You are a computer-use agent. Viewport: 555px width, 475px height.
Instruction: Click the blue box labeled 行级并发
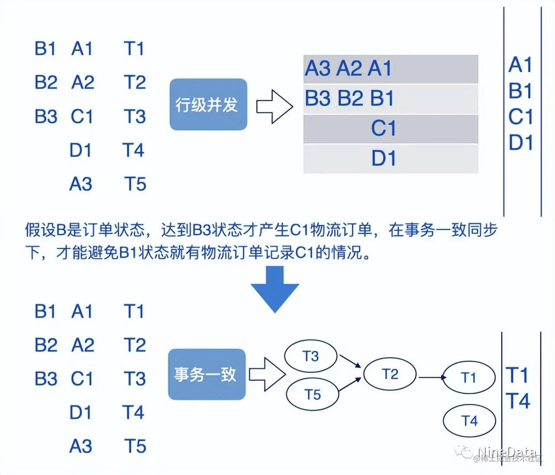coord(208,104)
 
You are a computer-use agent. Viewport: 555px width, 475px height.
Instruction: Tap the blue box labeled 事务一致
coord(207,374)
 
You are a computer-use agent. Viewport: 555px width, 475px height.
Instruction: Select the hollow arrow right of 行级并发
coord(274,106)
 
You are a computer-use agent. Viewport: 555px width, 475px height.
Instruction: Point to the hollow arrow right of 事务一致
coord(267,375)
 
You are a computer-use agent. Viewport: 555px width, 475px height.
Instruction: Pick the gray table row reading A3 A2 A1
coord(390,69)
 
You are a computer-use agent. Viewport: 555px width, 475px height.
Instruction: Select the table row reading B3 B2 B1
coord(390,99)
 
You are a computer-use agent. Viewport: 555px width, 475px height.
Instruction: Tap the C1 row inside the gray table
coord(390,128)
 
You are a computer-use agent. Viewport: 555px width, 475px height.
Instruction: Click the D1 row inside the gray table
coord(390,158)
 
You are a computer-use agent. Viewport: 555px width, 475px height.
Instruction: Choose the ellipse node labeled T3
coord(310,356)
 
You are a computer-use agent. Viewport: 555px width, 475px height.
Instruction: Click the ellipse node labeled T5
coord(312,395)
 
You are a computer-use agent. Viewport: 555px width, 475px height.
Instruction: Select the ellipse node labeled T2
coord(390,374)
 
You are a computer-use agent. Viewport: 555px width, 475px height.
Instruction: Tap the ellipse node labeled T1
coord(469,378)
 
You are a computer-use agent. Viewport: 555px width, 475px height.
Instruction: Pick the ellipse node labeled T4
coord(469,420)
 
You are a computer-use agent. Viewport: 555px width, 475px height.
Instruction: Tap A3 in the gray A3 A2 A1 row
coord(318,68)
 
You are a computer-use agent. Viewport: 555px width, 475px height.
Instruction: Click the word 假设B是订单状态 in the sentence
coord(84,230)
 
